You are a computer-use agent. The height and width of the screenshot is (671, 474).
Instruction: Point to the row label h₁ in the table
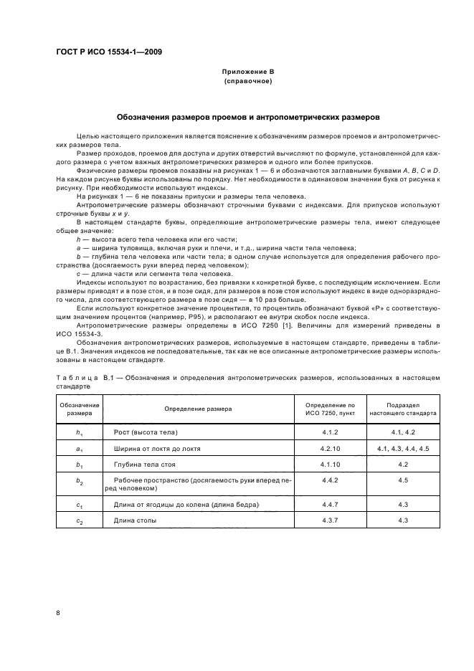(x=80, y=433)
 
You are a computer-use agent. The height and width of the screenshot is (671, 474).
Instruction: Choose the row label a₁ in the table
(x=80, y=449)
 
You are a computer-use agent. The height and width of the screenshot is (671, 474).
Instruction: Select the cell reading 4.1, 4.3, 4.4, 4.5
(x=402, y=449)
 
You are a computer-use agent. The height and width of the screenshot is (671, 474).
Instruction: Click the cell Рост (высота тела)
(x=145, y=432)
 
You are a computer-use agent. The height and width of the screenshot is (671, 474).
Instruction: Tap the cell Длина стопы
(x=135, y=520)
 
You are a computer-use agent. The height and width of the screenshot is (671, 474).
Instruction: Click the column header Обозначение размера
(x=80, y=409)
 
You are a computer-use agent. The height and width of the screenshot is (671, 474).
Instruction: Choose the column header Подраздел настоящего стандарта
(x=402, y=409)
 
